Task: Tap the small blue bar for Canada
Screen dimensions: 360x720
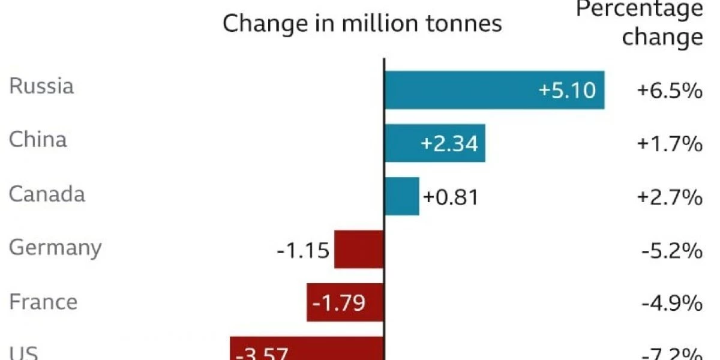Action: tap(401, 196)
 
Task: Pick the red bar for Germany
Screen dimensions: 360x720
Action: tap(359, 249)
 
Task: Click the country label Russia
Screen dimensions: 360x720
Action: tap(41, 86)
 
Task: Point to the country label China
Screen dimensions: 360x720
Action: tap(38, 140)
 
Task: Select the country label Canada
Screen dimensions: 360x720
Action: tap(47, 194)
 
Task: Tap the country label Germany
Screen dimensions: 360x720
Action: tap(55, 248)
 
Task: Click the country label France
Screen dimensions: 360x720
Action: tap(43, 301)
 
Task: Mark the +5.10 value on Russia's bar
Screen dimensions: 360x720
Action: tap(567, 90)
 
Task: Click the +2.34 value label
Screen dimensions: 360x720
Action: tap(449, 144)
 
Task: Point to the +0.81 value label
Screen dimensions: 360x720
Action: tap(451, 197)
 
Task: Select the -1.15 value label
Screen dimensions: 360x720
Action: tap(303, 250)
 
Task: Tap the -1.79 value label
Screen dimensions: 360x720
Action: tap(338, 303)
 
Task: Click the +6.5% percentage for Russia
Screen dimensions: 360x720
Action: tap(670, 91)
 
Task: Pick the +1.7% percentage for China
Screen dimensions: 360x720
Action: tap(670, 145)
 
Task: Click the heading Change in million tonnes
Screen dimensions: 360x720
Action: tap(362, 24)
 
